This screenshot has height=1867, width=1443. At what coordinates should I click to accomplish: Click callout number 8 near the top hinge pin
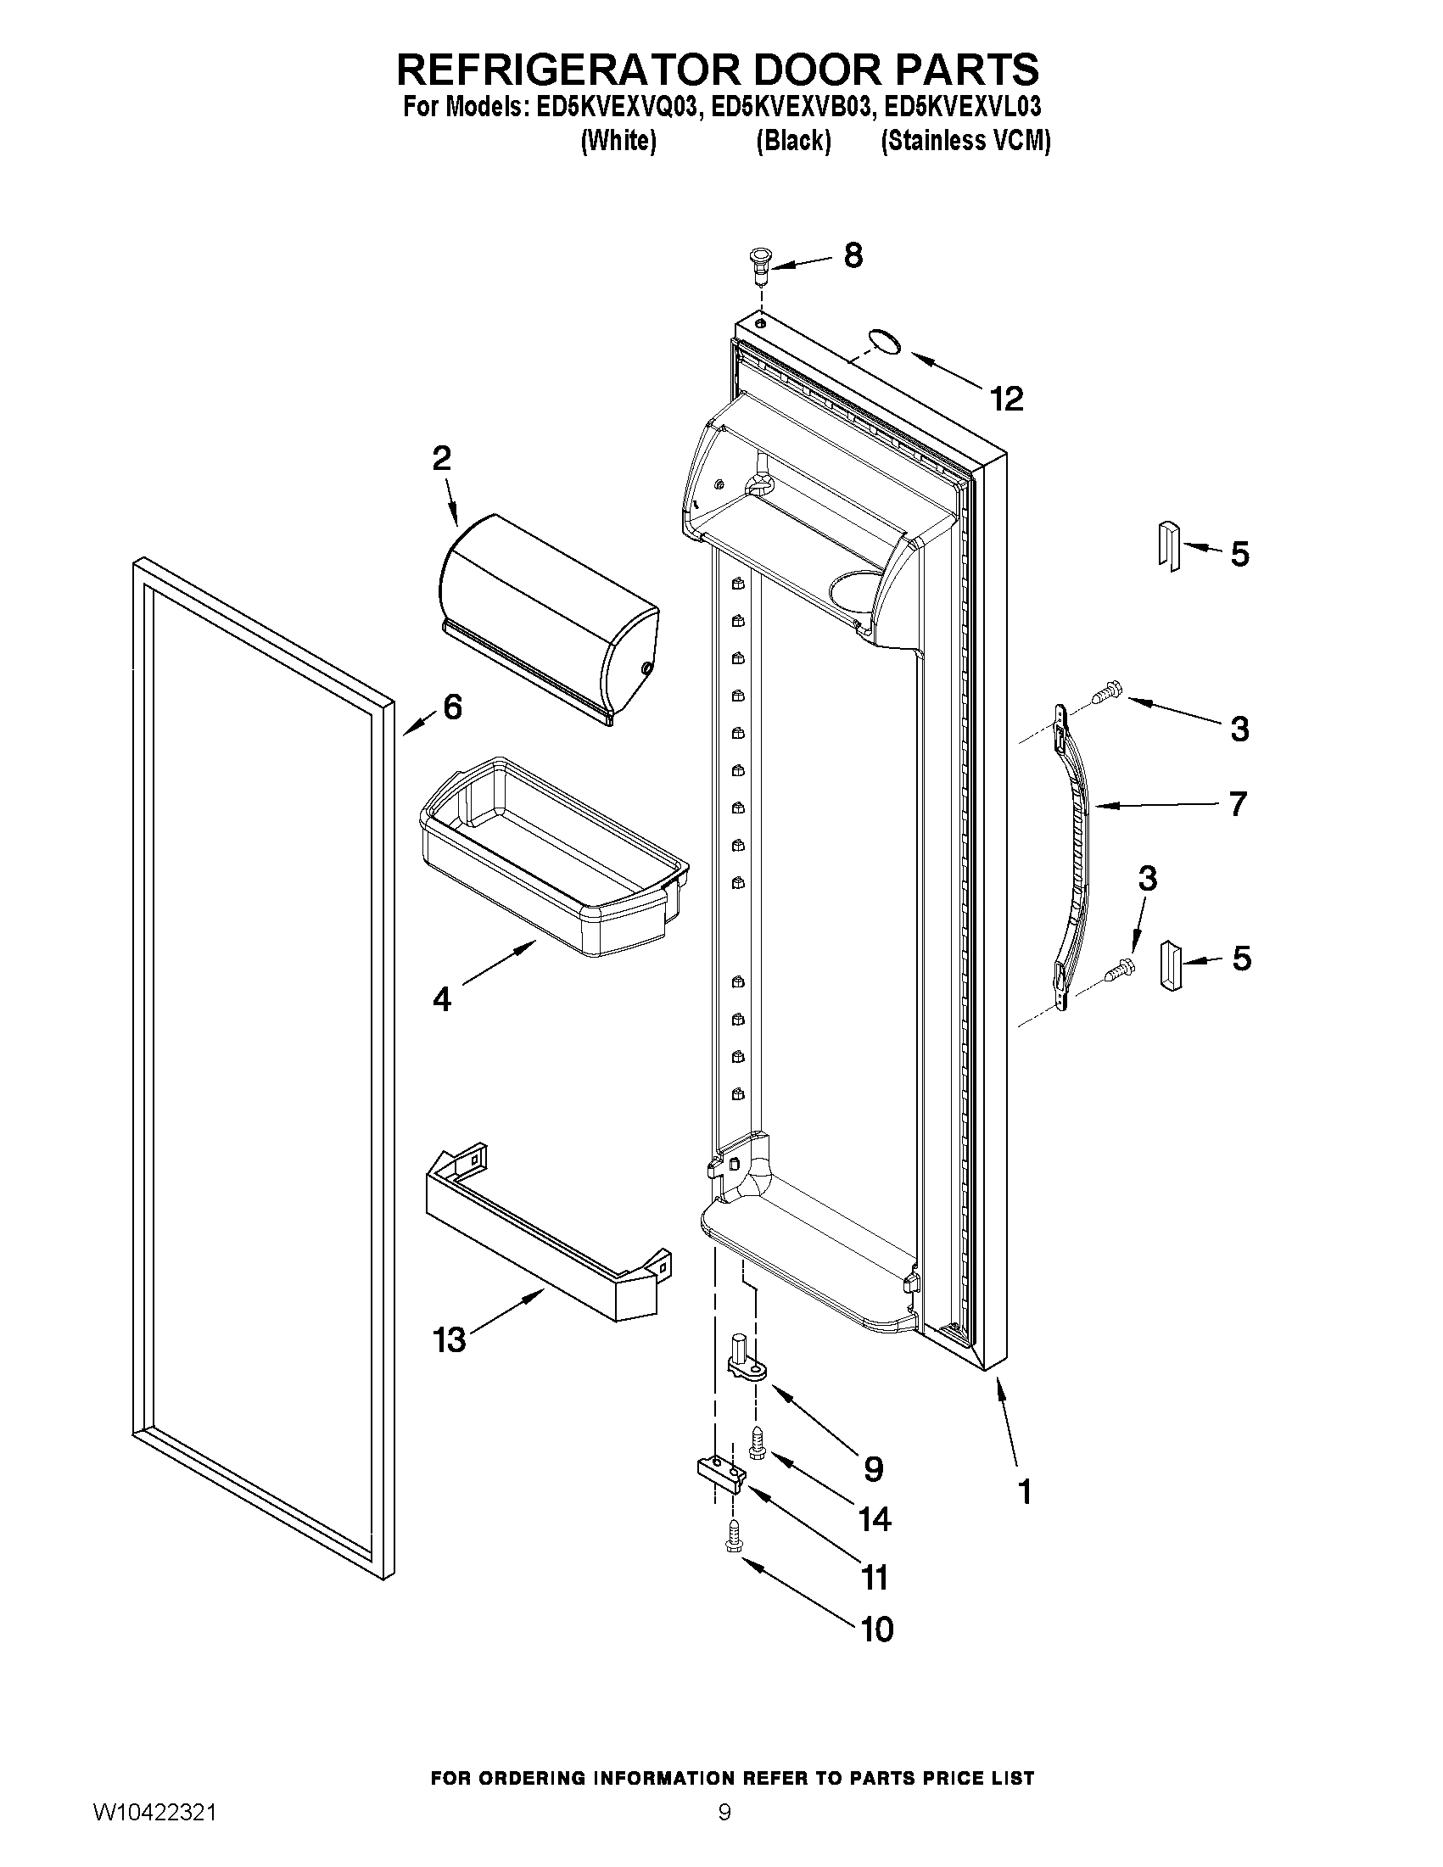[853, 255]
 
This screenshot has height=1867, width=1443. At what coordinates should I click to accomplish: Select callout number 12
[1007, 400]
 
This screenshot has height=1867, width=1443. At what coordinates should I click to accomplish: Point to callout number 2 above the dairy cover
[441, 459]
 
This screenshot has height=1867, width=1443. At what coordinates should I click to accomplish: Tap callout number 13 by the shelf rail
[450, 1339]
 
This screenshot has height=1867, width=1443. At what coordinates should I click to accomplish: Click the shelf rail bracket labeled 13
[547, 1231]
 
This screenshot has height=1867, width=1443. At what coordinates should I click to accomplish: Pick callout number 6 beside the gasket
[452, 707]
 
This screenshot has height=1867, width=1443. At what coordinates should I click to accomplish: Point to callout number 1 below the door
[1024, 1493]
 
